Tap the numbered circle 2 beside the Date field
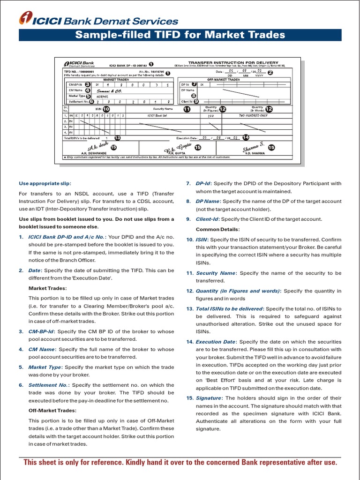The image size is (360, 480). click(270, 72)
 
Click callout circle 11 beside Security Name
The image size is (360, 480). click(187, 109)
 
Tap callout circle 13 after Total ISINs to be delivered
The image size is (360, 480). click(117, 138)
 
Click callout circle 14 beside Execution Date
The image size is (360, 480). click(246, 137)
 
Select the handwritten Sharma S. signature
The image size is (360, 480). click(254, 147)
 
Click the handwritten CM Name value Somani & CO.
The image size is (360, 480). click(109, 90)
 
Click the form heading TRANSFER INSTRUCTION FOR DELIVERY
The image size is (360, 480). click(233, 62)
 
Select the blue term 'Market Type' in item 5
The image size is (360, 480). click(45, 367)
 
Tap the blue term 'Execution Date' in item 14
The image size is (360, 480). click(215, 342)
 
